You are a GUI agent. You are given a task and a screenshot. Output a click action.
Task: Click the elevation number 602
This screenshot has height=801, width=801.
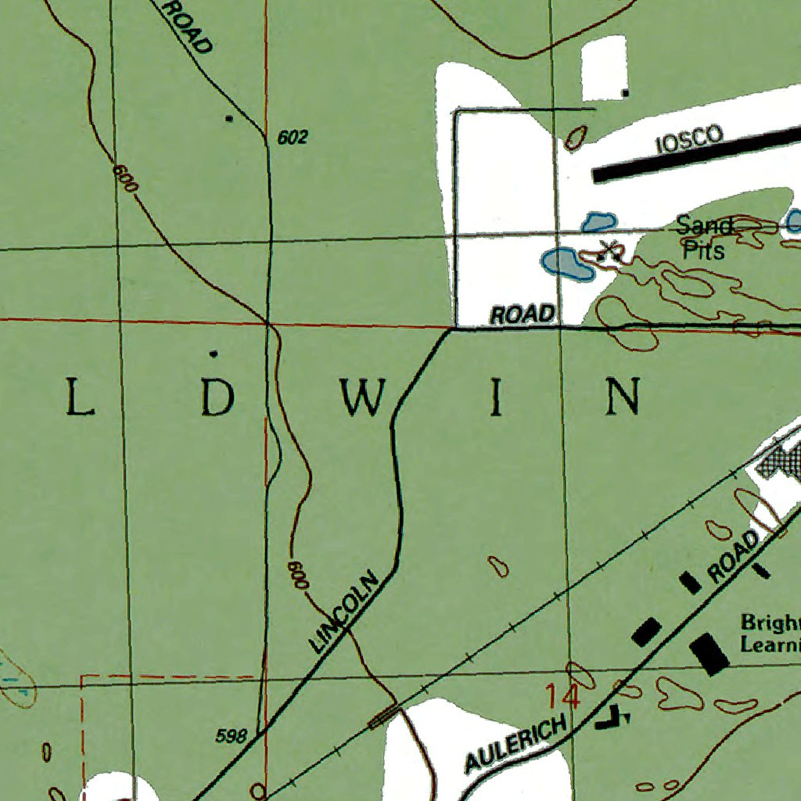[x=293, y=138]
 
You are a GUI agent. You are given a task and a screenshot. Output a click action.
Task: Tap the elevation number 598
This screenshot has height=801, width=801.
[x=232, y=736]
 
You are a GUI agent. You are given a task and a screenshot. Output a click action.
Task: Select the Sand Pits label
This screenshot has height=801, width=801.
[x=704, y=238]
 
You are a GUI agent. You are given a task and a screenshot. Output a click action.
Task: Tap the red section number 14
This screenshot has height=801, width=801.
[x=563, y=696]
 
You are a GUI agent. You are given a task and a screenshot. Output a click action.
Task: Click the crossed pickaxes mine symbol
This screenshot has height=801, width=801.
[x=609, y=251]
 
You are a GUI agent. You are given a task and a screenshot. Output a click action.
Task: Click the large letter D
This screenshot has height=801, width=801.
[x=216, y=398]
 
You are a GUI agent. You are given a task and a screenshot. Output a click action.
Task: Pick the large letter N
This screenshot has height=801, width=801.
[x=625, y=397]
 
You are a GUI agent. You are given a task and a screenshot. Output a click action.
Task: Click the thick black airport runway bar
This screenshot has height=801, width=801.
[x=696, y=153]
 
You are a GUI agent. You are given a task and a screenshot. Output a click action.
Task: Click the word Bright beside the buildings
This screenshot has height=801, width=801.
[x=770, y=623]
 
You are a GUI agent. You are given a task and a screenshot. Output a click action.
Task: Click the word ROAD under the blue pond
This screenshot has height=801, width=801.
[x=523, y=314]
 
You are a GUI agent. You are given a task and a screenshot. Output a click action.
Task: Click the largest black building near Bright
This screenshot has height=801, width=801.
[x=709, y=654]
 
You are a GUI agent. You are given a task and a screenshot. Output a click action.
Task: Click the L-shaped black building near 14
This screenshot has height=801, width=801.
[x=612, y=718]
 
